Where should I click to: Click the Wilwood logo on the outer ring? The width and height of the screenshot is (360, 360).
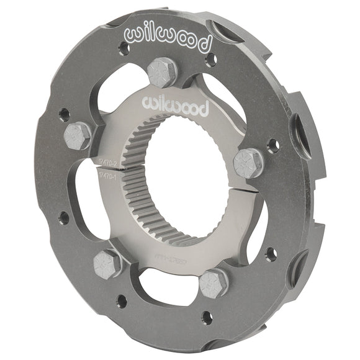point(168,39)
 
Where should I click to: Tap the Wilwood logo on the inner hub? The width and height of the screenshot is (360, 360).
point(176,106)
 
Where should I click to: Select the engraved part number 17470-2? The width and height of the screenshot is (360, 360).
point(109,162)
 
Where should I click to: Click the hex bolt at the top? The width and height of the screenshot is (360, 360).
point(163,72)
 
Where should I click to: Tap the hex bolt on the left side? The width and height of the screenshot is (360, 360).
point(78,135)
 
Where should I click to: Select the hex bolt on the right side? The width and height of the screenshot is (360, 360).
point(248,163)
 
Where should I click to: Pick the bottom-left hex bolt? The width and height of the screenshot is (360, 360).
point(107,264)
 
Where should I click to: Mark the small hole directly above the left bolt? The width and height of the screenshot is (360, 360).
point(64,114)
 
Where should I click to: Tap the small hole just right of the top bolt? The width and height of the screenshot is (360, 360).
point(210,60)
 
